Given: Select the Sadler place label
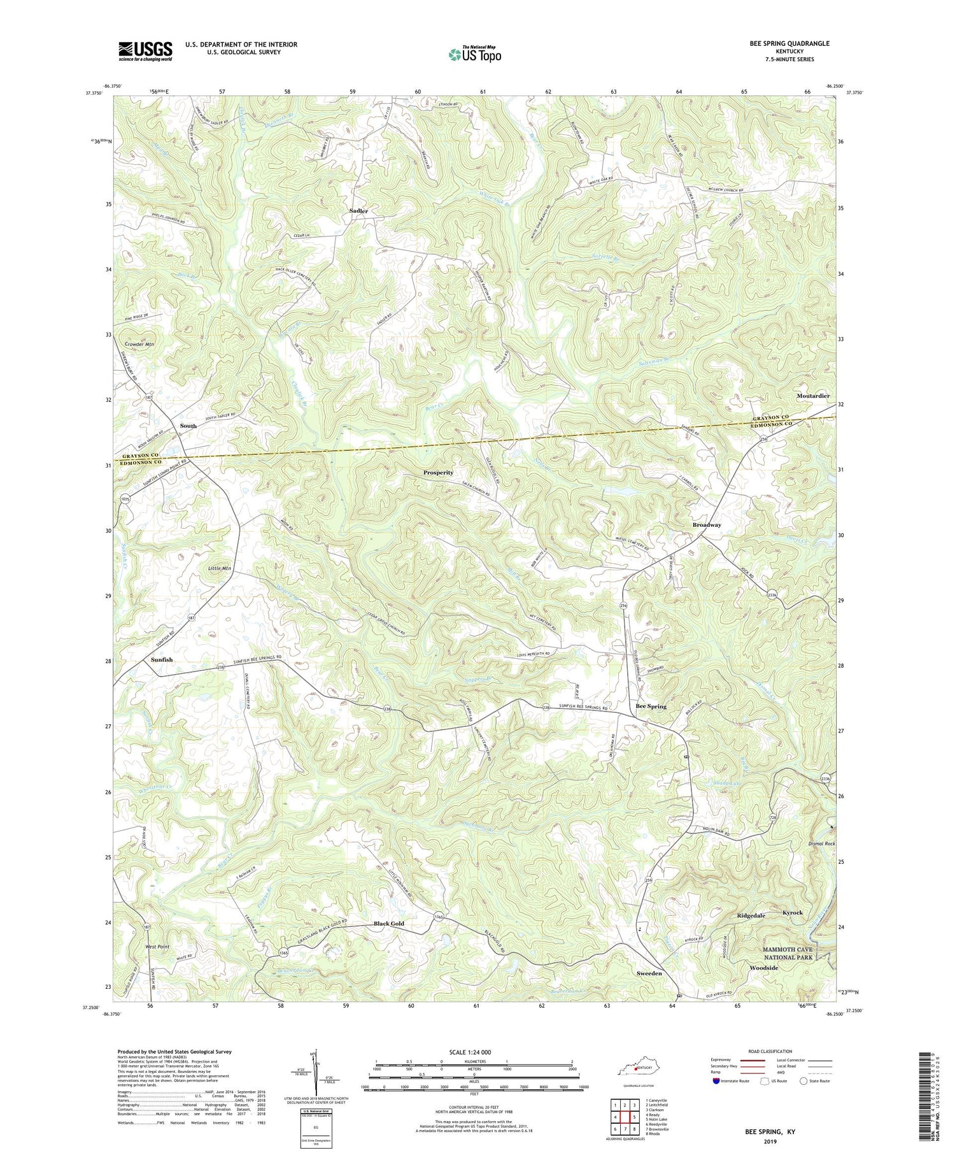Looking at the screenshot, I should tap(358, 211).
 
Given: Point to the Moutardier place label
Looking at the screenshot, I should tap(813, 396).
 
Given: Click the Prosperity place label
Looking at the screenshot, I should tap(438, 473).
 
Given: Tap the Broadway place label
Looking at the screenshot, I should tap(707, 525).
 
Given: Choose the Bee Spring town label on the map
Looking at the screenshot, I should tap(651, 707).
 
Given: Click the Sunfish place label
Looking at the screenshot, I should tap(162, 660).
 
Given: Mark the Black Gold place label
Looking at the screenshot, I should tap(388, 924).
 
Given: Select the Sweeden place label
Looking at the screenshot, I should tap(649, 973).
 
